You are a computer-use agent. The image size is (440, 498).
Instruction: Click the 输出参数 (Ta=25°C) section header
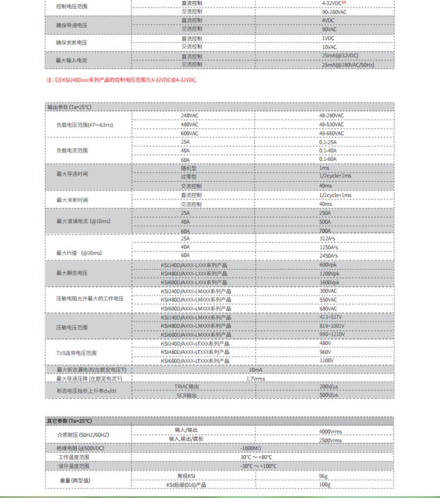69,107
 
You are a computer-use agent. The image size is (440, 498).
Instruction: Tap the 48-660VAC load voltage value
331,133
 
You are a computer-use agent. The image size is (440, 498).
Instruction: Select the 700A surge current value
325,231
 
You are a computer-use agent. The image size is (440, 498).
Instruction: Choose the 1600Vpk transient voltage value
329,282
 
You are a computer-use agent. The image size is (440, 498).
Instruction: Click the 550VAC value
328,300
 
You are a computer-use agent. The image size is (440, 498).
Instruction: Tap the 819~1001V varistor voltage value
332,326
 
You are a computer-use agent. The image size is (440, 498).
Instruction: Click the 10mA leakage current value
255,370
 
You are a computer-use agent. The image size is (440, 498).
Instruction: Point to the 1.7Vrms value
255,379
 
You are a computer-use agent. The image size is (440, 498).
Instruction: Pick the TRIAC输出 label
187,387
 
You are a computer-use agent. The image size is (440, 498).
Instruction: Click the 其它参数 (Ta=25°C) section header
69,421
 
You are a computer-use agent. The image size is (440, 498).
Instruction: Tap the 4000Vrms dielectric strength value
330,432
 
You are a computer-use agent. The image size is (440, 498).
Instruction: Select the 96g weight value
323,476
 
